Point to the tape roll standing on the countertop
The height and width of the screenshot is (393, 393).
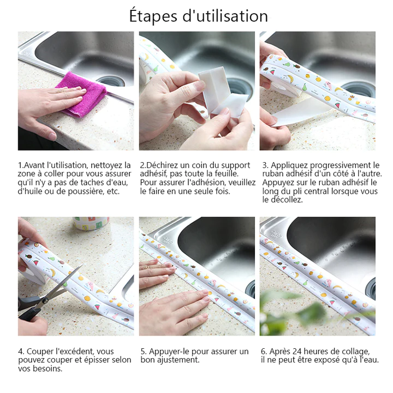tap(91, 223)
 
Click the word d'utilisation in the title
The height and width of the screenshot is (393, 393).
tap(225, 16)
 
